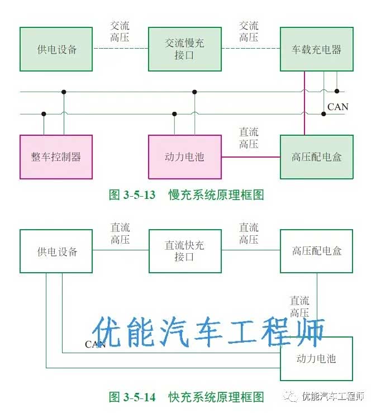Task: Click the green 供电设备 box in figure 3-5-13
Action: tap(56, 49)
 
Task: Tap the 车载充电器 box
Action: tap(317, 49)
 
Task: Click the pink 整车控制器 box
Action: tap(56, 156)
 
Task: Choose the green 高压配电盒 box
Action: tap(317, 156)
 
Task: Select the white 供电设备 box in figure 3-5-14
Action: tap(56, 251)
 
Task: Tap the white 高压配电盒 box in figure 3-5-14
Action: tap(317, 251)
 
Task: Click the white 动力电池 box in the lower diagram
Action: tap(317, 358)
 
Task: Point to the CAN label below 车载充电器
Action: tap(337, 107)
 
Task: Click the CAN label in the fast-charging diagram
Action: tap(95, 344)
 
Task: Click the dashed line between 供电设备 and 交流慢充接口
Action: tap(120, 49)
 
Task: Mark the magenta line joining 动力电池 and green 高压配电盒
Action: tap(251, 157)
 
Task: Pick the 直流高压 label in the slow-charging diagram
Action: tap(249, 138)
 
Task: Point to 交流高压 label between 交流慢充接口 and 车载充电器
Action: tap(249, 32)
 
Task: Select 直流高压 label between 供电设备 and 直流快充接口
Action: tap(120, 234)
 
